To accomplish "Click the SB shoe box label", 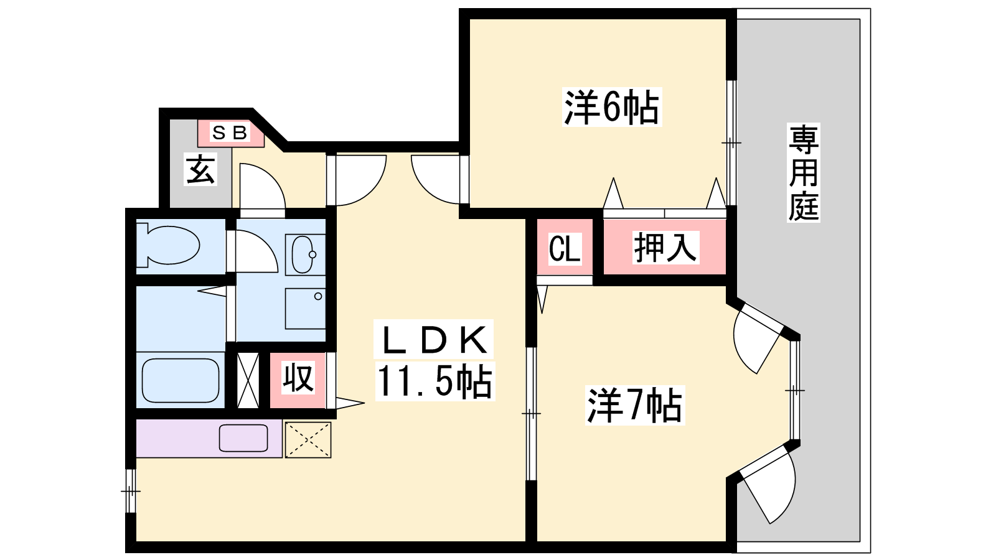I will pyautogui.click(x=230, y=133).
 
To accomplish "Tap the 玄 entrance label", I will pyautogui.click(x=200, y=169).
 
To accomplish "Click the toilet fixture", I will pyautogui.click(x=168, y=245).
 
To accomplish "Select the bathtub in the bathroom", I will pyautogui.click(x=181, y=380).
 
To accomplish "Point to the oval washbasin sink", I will pyautogui.click(x=304, y=254).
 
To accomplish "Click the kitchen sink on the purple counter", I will pyautogui.click(x=243, y=438).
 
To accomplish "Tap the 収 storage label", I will pyautogui.click(x=298, y=378).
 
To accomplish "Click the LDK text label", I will pyautogui.click(x=433, y=340).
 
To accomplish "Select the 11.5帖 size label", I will pyautogui.click(x=434, y=381).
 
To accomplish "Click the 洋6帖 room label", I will pyautogui.click(x=611, y=108).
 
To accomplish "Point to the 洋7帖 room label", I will pyautogui.click(x=634, y=406).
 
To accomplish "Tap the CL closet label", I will pyautogui.click(x=565, y=248).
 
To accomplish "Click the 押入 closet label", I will pyautogui.click(x=665, y=248).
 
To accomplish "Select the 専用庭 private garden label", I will pyautogui.click(x=803, y=173).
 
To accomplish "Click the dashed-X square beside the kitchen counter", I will pyautogui.click(x=308, y=439).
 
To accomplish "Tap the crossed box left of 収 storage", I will pyautogui.click(x=248, y=380).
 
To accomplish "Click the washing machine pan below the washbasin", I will pyautogui.click(x=305, y=309).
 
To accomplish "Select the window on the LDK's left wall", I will pyautogui.click(x=130, y=491).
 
